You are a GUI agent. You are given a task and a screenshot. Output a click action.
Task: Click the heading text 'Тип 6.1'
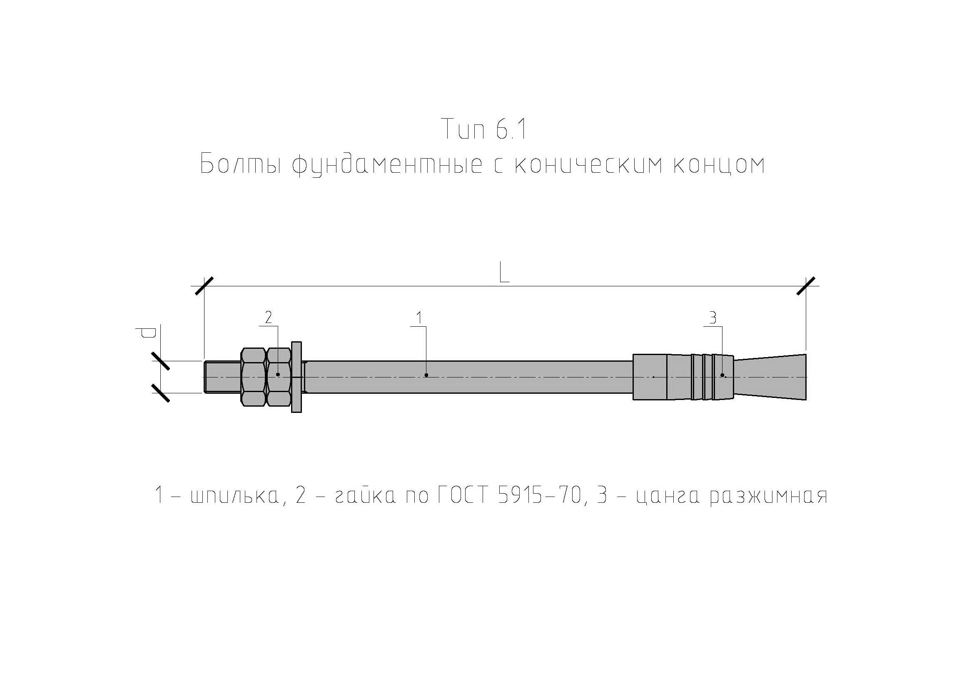pyautogui.click(x=484, y=129)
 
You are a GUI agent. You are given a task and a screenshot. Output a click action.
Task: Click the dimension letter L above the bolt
pyautogui.click(x=504, y=273)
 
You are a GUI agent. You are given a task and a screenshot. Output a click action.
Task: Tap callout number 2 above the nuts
pyautogui.click(x=268, y=318)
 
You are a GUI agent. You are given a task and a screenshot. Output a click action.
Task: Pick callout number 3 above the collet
pyautogui.click(x=712, y=318)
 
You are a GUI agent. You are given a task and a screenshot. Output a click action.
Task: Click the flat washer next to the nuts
pyautogui.click(x=296, y=376)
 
